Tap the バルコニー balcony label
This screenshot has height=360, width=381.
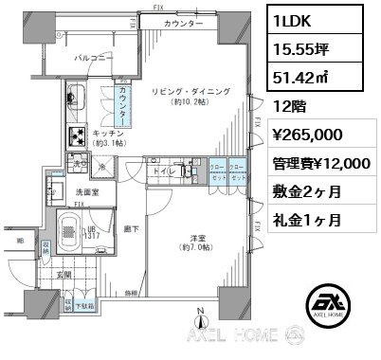tap(95, 59)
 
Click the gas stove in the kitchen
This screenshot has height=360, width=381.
tap(75, 132)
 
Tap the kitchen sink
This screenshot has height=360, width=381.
tap(75, 98)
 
